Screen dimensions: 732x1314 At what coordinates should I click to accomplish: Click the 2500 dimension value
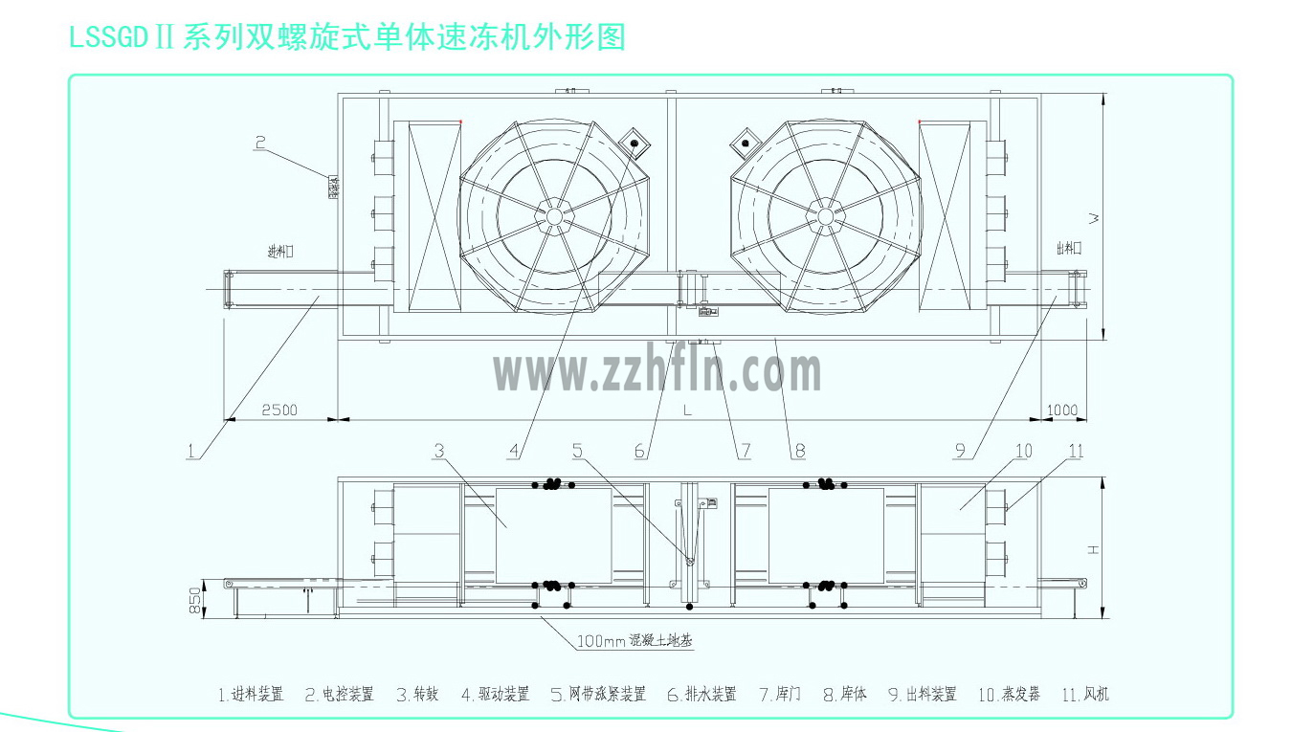(278, 410)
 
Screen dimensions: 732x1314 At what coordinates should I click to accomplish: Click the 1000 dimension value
(1061, 410)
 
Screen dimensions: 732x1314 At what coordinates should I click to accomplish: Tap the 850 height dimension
(194, 600)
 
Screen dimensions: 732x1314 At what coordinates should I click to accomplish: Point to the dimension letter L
(687, 410)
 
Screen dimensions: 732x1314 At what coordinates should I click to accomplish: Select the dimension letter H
(1093, 548)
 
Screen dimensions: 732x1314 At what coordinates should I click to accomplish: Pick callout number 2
(259, 143)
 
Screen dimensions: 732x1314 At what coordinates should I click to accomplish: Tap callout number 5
(577, 450)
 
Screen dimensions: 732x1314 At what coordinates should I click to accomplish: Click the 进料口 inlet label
(279, 252)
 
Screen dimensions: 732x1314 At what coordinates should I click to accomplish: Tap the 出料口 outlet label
(1068, 248)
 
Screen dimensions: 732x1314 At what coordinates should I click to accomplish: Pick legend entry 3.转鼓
(417, 695)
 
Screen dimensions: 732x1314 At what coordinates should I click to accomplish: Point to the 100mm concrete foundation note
(634, 641)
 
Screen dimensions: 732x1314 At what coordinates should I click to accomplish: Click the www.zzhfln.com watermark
(657, 371)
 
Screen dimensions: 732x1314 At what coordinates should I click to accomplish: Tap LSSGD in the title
(108, 37)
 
